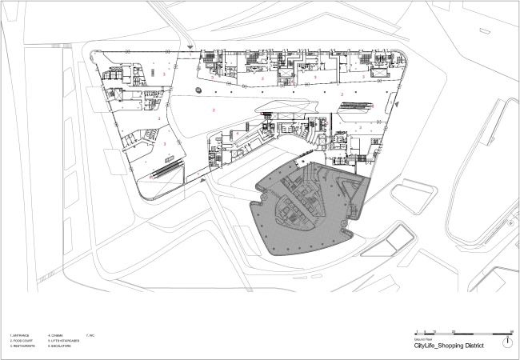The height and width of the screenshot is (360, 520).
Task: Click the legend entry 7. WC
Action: tap(94, 334)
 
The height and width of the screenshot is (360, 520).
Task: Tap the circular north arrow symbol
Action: tap(508, 342)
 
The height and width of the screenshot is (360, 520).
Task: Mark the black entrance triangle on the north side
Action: tap(189, 49)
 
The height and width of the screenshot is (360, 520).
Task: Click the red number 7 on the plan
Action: tap(295, 83)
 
